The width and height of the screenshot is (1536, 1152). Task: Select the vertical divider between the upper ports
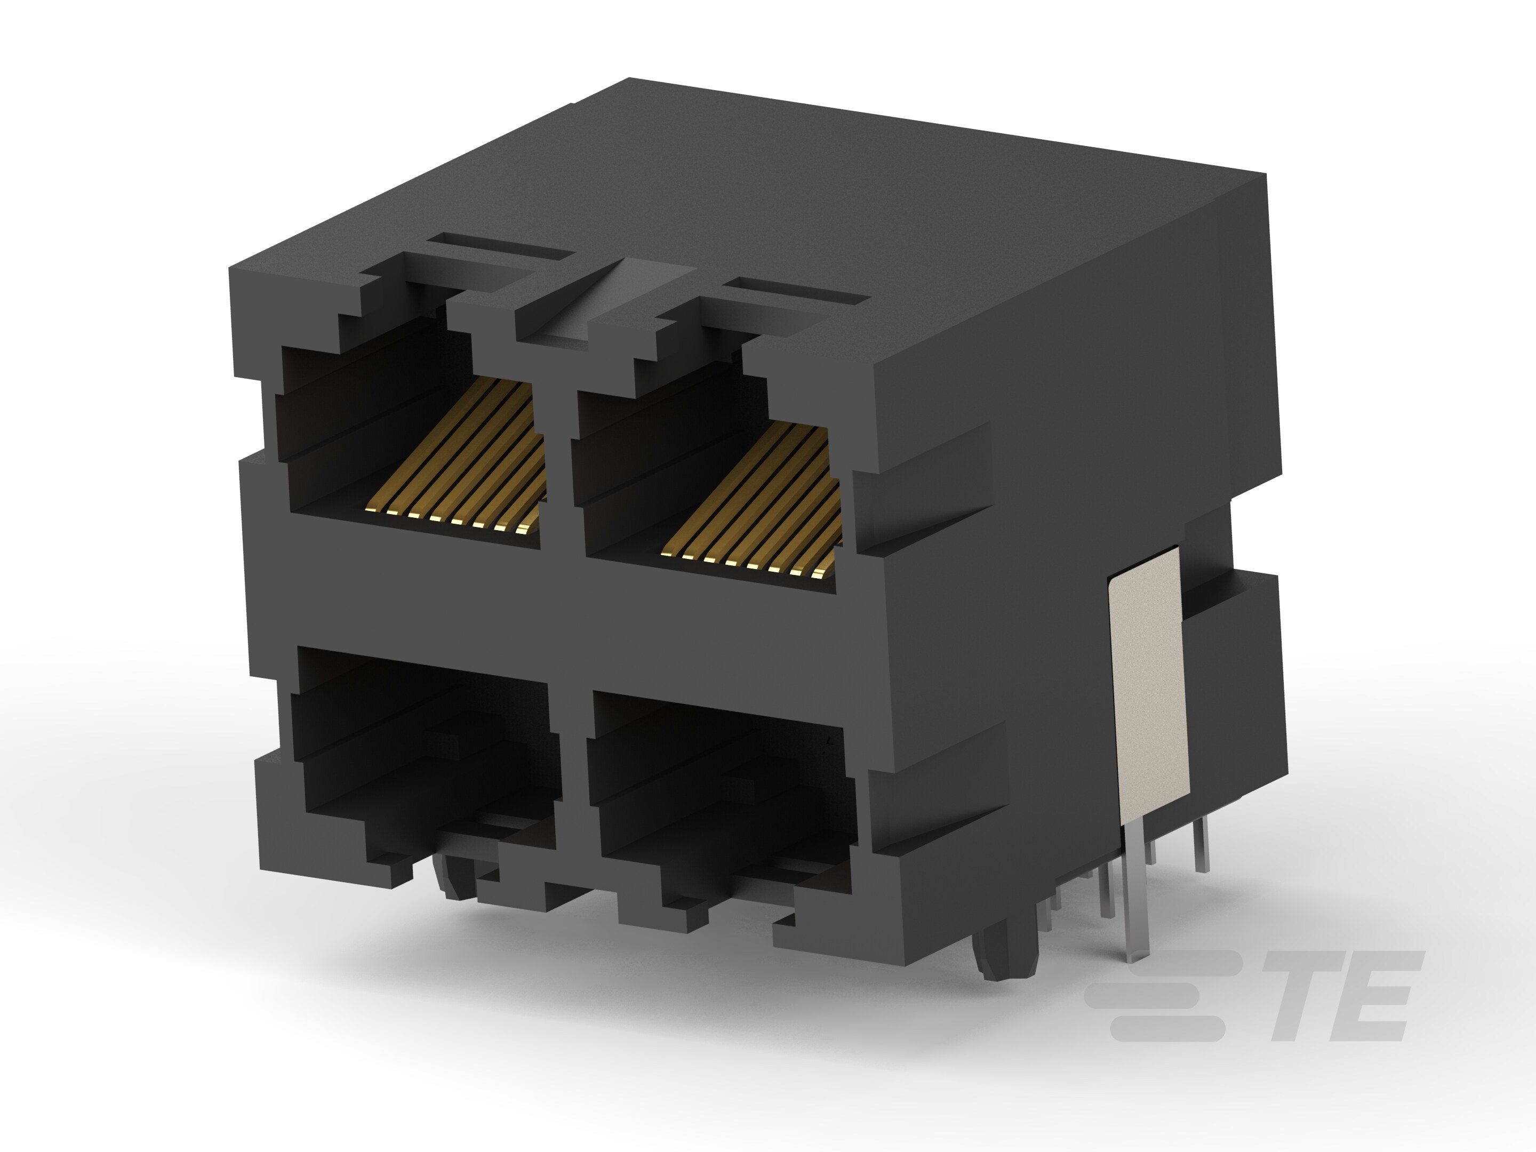556,472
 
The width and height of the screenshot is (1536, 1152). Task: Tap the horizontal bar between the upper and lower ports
556,597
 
